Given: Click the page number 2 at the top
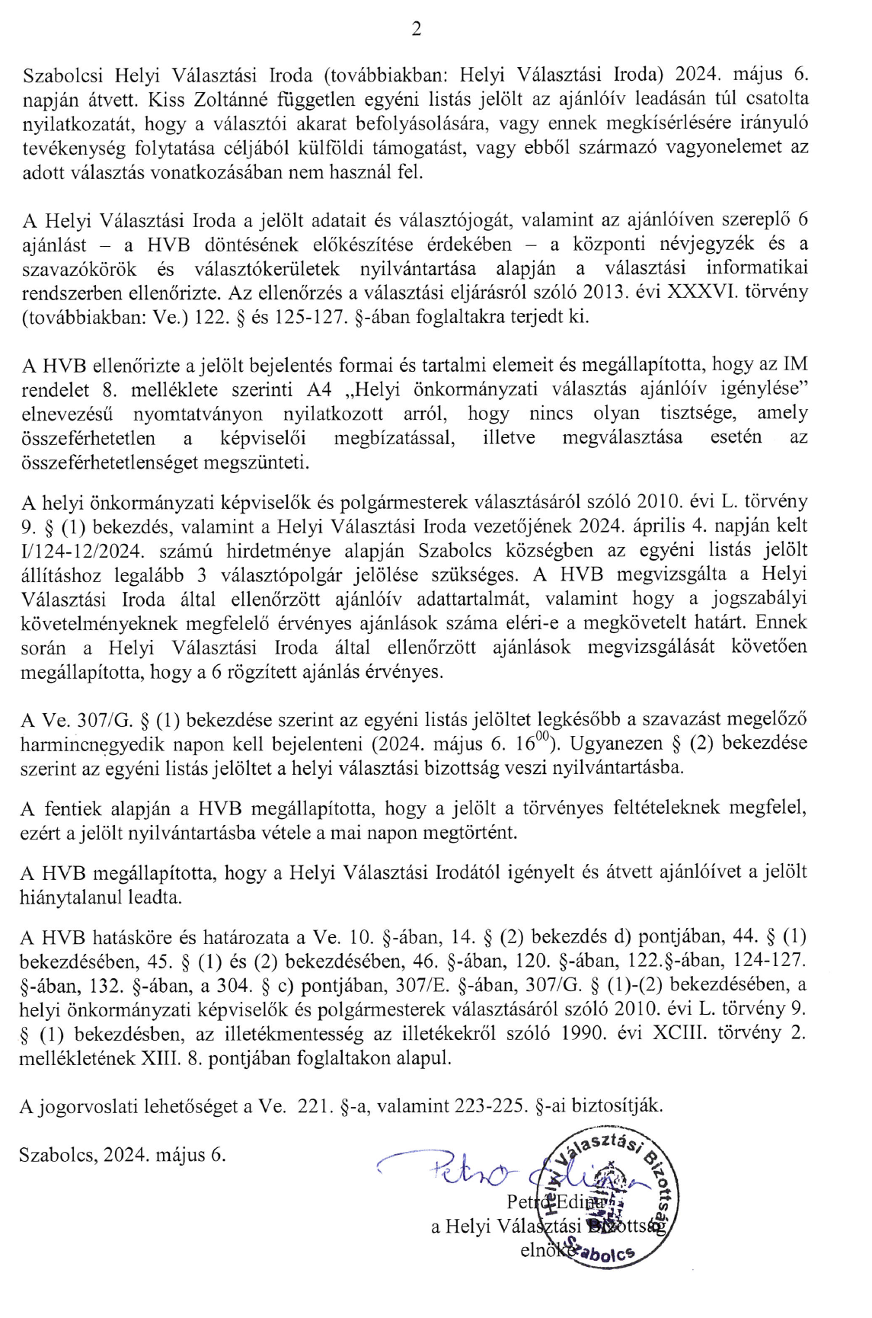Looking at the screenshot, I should click(x=416, y=30).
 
